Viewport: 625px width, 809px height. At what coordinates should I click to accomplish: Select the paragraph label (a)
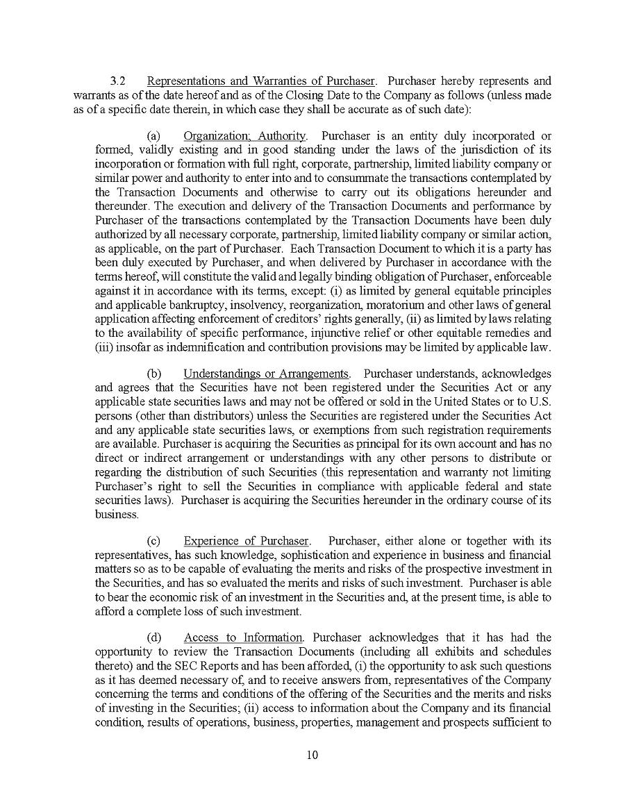[x=153, y=135]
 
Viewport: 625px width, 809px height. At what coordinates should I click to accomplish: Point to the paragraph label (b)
[x=153, y=374]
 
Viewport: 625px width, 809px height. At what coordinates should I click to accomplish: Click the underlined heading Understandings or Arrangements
[x=266, y=374]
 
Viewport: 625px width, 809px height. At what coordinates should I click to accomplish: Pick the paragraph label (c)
[x=153, y=541]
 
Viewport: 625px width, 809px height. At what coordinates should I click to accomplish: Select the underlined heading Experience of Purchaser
[x=246, y=541]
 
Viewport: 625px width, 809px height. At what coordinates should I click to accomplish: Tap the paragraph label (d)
[x=153, y=637]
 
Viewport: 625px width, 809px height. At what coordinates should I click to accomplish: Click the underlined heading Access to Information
[x=243, y=637]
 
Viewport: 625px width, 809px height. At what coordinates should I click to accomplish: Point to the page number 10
[x=312, y=756]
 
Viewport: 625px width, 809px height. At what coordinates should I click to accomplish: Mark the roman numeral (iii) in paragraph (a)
[x=105, y=347]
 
